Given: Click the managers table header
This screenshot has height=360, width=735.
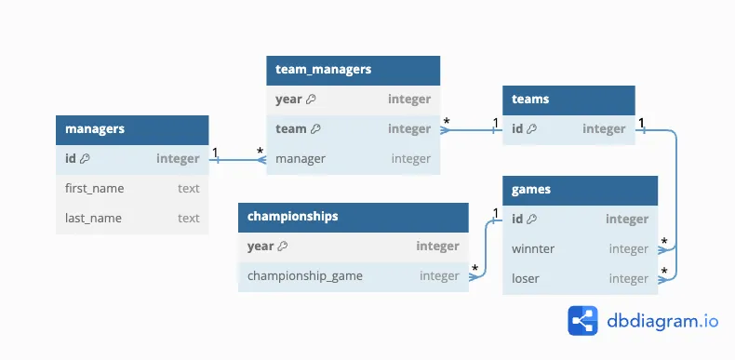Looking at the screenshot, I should pyautogui.click(x=131, y=129).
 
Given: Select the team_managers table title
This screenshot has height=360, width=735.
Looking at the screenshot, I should pyautogui.click(x=323, y=69).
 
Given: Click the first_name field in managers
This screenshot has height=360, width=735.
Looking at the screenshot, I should pyautogui.click(x=94, y=188).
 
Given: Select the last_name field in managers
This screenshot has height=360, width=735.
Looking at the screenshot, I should pyautogui.click(x=93, y=218).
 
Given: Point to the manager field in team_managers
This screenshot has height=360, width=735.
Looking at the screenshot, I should pyautogui.click(x=301, y=158).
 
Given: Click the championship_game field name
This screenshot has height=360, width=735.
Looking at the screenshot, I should pyautogui.click(x=305, y=275).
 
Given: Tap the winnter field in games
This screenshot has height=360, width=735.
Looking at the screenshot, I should pyautogui.click(x=533, y=248).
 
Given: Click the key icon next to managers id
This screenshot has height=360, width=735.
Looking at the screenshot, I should pyautogui.click(x=85, y=159).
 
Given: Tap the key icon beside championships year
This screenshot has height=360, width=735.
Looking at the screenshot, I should pyautogui.click(x=283, y=247).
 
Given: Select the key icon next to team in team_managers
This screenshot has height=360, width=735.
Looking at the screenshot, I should pyautogui.click(x=315, y=129).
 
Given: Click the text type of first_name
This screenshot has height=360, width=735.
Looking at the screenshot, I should pyautogui.click(x=188, y=188).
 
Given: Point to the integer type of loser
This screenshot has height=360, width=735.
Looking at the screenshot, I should pyautogui.click(x=628, y=278).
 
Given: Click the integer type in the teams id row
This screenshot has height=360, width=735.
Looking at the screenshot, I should pyautogui.click(x=604, y=128).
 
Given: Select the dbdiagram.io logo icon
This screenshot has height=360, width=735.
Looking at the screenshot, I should pyautogui.click(x=582, y=320).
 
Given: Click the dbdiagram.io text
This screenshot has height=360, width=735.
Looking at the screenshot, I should pyautogui.click(x=661, y=320).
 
